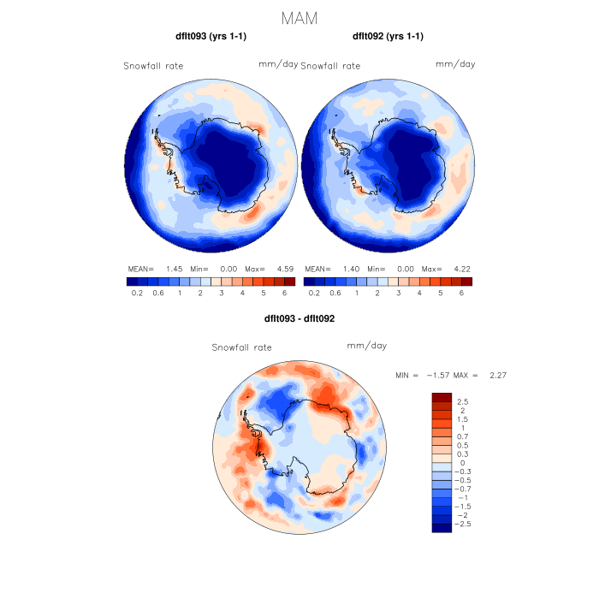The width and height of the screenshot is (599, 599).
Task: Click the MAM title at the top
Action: (x=299, y=17)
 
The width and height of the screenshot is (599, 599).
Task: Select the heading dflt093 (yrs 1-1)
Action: (x=211, y=37)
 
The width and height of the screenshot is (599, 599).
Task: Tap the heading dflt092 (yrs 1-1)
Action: (x=388, y=37)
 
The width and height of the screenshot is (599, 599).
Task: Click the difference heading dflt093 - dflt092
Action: (x=299, y=318)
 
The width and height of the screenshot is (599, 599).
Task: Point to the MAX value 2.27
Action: (x=498, y=375)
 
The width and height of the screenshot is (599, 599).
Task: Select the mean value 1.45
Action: (x=175, y=268)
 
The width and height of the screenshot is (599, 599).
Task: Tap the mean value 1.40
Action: (x=352, y=268)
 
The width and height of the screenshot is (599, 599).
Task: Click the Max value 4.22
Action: (x=460, y=268)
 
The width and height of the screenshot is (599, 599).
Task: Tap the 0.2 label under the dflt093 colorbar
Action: (x=137, y=293)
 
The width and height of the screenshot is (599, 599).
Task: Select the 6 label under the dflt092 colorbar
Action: (x=461, y=293)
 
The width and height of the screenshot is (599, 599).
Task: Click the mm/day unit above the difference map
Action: (x=367, y=346)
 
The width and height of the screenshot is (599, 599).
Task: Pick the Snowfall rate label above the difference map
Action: (x=242, y=347)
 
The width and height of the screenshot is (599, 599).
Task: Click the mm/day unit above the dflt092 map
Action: (x=455, y=64)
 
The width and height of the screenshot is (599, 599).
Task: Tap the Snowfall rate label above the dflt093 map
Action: (x=153, y=66)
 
